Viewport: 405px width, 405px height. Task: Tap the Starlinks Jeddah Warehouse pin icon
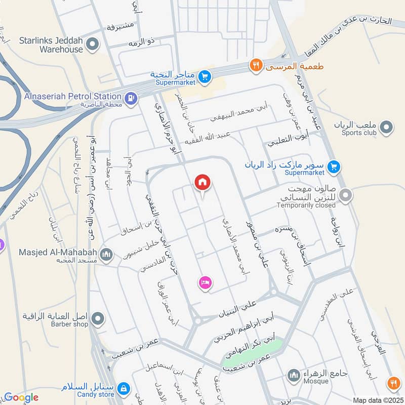(92, 45)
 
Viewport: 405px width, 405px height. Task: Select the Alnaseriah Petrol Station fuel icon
(131, 97)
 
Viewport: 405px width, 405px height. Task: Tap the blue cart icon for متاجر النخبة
(205, 76)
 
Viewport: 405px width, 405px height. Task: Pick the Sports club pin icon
(387, 128)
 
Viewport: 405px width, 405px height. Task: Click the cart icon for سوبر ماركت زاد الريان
(333, 166)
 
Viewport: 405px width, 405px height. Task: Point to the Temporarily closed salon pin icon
(346, 195)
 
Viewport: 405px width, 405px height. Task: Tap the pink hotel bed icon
(205, 282)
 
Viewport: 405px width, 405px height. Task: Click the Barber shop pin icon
(98, 319)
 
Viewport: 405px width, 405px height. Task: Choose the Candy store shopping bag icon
(123, 389)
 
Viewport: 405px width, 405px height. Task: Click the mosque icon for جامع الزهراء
(293, 375)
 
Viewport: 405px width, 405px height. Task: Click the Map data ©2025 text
(377, 400)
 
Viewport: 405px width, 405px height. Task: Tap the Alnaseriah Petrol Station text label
(72, 96)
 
